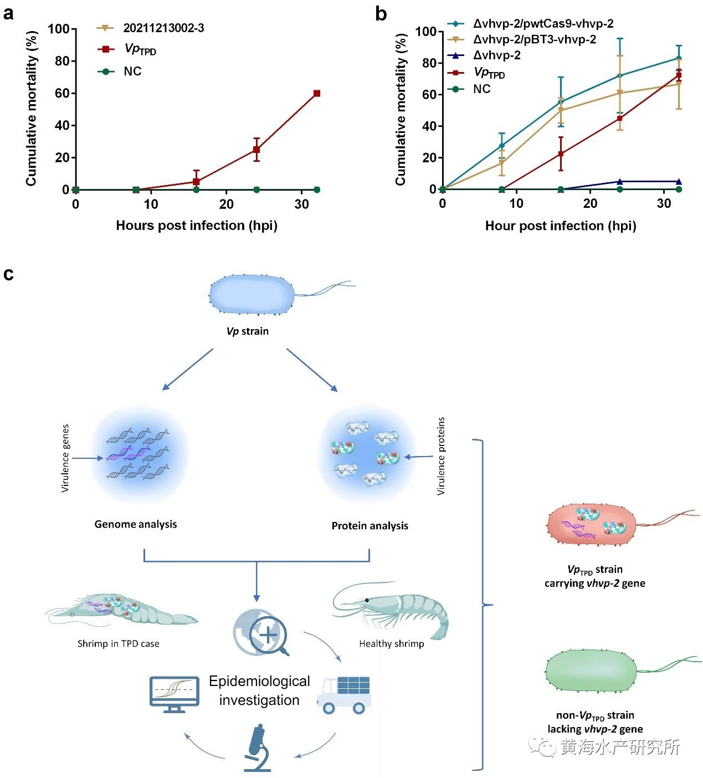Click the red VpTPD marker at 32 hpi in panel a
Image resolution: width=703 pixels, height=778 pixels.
pyautogui.click(x=316, y=93)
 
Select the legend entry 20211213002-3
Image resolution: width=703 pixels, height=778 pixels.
pyautogui.click(x=163, y=28)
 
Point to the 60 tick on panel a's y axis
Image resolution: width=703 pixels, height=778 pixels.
pyautogui.click(x=61, y=93)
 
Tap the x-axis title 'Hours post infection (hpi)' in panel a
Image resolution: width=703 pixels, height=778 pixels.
pyautogui.click(x=197, y=226)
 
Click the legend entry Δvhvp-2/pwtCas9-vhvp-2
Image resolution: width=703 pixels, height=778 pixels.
pyautogui.click(x=543, y=24)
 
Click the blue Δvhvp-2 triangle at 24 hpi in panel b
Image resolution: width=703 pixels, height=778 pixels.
pyautogui.click(x=620, y=181)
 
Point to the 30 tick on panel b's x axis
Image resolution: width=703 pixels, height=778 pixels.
pyautogui.click(x=664, y=203)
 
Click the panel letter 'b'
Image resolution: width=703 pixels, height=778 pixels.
pyautogui.click(x=381, y=14)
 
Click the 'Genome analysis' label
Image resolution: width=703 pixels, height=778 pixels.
pyautogui.click(x=136, y=524)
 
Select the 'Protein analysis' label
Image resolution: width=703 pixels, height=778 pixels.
pyautogui.click(x=370, y=526)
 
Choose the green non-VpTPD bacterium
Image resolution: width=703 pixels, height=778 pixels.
pyautogui.click(x=591, y=671)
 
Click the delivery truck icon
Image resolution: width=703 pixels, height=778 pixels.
pyautogui.click(x=344, y=694)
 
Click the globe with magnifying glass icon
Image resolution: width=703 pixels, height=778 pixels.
pyautogui.click(x=261, y=632)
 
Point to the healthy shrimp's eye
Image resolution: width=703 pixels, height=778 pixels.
pyautogui.click(x=367, y=601)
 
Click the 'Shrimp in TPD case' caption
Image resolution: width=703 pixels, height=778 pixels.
pyautogui.click(x=118, y=644)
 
